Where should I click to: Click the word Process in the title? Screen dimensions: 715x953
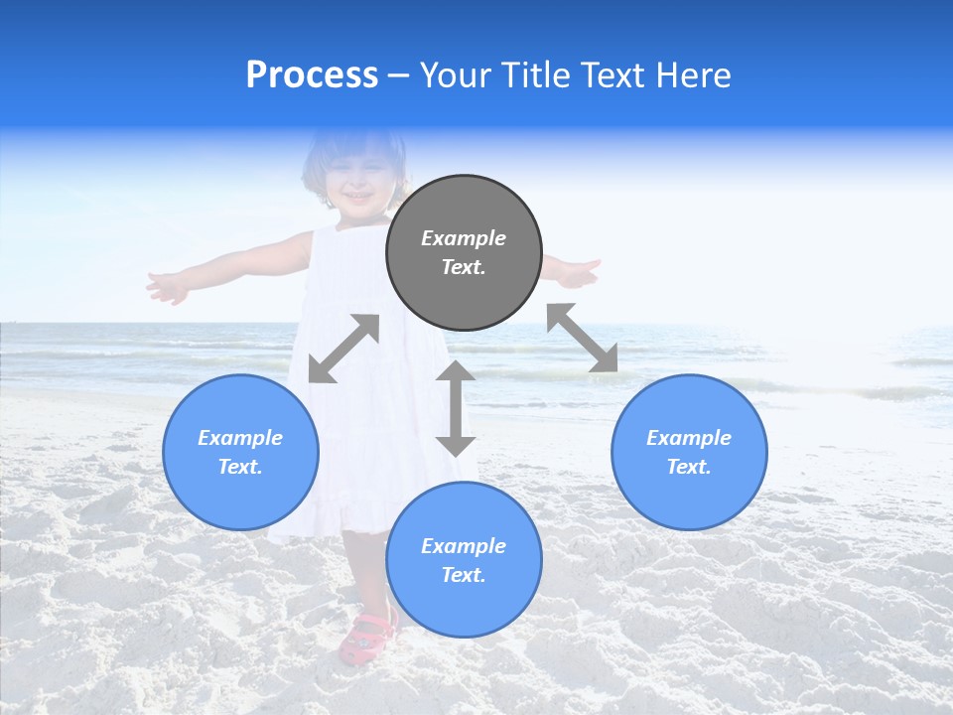pyautogui.click(x=312, y=75)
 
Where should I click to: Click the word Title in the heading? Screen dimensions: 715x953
pyautogui.click(x=532, y=75)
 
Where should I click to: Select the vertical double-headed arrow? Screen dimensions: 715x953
pyautogui.click(x=456, y=408)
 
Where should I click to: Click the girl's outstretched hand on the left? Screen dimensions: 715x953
pyautogui.click(x=167, y=287)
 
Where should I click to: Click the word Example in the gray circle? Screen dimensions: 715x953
pyautogui.click(x=464, y=238)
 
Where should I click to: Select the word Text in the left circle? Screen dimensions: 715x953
pyautogui.click(x=240, y=467)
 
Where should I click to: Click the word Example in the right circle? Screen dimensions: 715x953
pyautogui.click(x=689, y=438)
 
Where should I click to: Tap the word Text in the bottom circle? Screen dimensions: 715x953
pyautogui.click(x=464, y=575)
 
